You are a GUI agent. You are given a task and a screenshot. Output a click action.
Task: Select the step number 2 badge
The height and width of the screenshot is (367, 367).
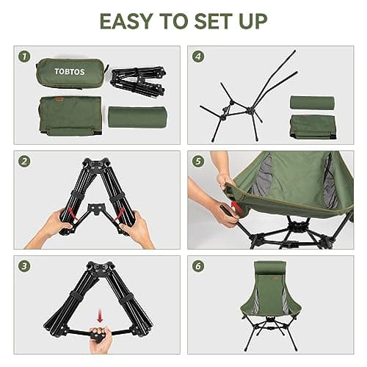pyautogui.click(x=26, y=161)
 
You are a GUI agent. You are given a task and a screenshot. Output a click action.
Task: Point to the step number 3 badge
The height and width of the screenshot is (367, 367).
pyautogui.click(x=26, y=266)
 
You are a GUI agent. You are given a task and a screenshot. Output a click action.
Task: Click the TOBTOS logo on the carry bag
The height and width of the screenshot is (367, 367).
pyautogui.click(x=70, y=72)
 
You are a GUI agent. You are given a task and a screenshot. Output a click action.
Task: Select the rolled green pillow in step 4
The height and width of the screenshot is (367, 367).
pyautogui.click(x=312, y=102)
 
